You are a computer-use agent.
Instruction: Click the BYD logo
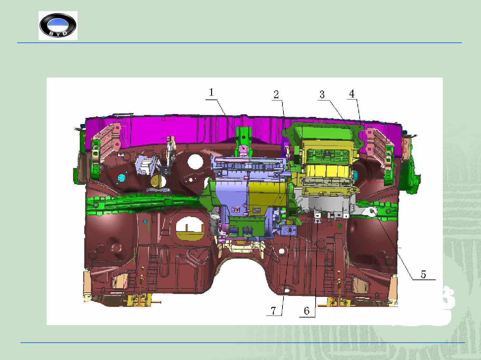58,25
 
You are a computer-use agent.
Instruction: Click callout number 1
211,92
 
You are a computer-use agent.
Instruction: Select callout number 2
276,94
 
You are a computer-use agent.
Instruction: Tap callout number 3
322,94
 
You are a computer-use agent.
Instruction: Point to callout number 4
352,94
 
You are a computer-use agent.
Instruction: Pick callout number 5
423,274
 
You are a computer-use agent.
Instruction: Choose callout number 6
307,311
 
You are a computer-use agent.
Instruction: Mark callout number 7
273,310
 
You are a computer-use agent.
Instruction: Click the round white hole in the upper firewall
195,161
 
